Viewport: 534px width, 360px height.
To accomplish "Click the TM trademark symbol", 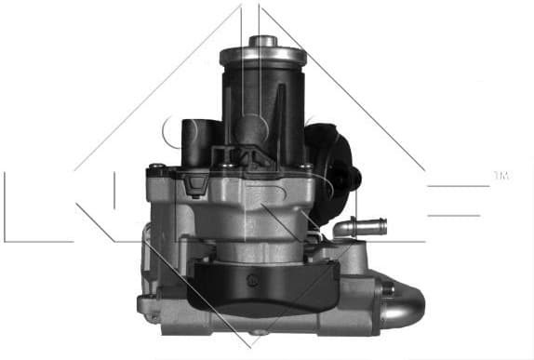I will [x=500, y=175].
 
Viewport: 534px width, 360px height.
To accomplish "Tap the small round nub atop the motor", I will [x=261, y=40].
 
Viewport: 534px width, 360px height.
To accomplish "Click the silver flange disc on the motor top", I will [x=261, y=54].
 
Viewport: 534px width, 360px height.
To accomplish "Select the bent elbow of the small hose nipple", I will [x=342, y=230].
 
